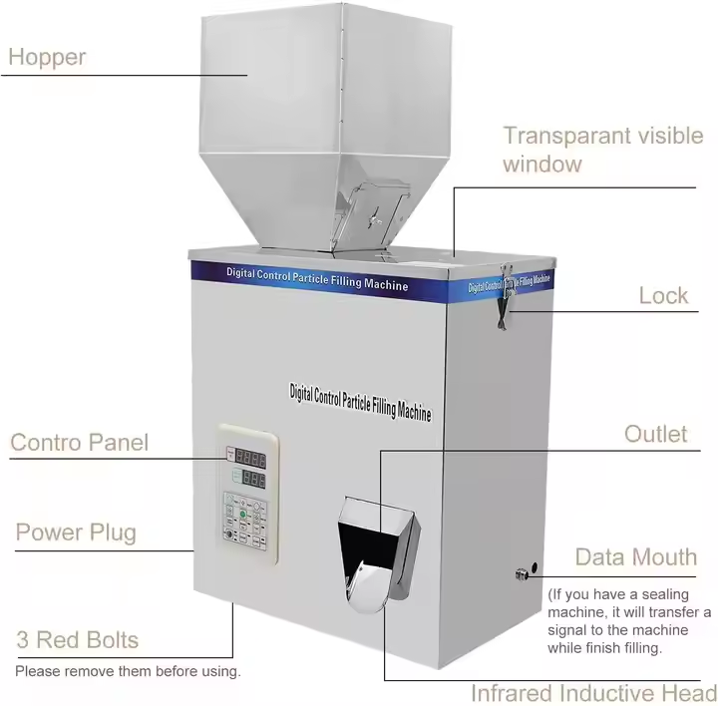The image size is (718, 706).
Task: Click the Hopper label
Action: (47, 56)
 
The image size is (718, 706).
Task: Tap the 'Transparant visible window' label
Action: (602, 150)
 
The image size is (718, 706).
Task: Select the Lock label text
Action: (663, 295)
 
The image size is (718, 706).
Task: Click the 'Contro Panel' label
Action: (79, 442)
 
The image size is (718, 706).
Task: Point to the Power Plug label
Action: (76, 532)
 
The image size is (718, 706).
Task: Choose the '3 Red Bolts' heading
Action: (77, 640)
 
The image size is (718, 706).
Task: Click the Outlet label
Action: (655, 434)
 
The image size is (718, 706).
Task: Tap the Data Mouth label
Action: (635, 557)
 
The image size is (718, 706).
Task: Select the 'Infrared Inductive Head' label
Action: (593, 693)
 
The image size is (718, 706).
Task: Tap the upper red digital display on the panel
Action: (250, 460)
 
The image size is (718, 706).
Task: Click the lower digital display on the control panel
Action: (250, 479)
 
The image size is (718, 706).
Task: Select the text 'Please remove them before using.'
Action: (128, 671)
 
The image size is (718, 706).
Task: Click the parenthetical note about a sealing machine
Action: (628, 621)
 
